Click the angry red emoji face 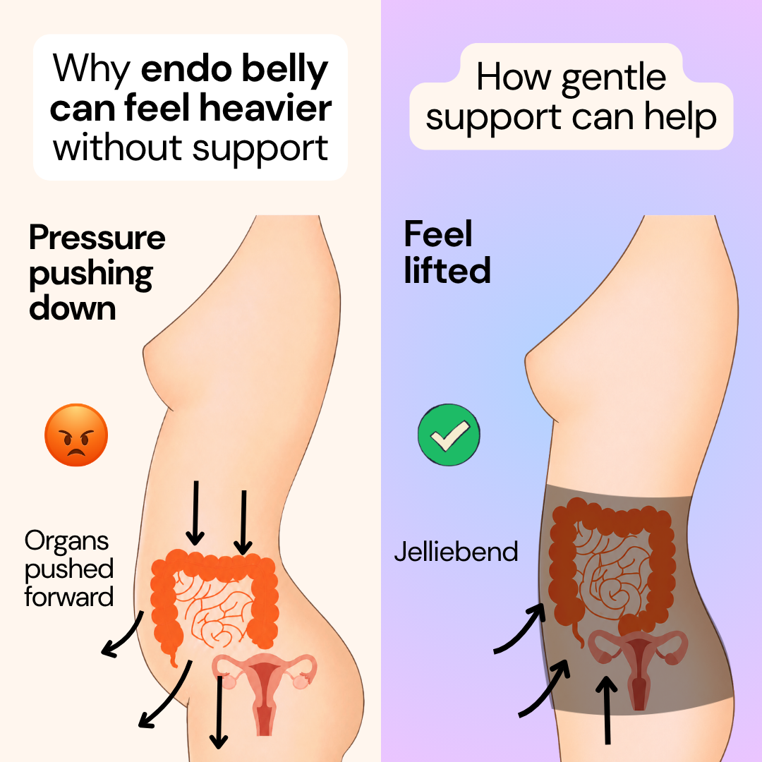[75, 435]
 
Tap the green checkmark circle [449, 435]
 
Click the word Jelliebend [456, 552]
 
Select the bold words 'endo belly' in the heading [234, 69]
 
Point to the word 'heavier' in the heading [265, 108]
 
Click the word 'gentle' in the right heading [613, 78]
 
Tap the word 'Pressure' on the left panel [97, 238]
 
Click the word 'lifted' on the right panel [447, 270]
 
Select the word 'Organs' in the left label [66, 542]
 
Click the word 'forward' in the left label [69, 597]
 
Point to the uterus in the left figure [265, 690]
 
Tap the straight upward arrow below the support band [607, 710]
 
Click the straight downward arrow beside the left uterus [219, 712]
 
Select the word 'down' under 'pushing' [73, 308]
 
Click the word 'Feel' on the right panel [438, 234]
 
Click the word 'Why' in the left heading [92, 69]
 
